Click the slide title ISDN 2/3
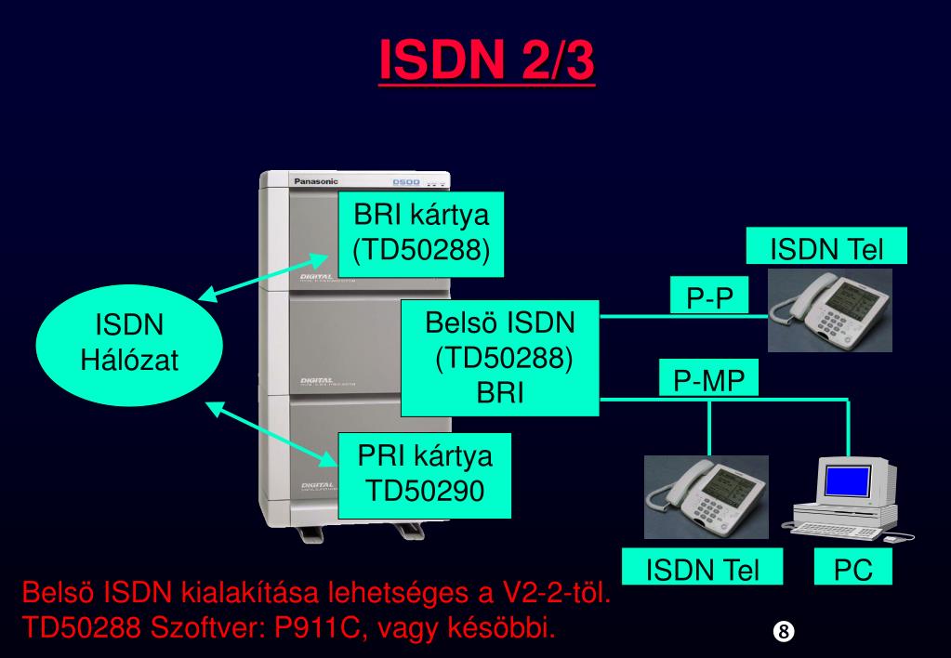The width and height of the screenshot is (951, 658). pyautogui.click(x=486, y=62)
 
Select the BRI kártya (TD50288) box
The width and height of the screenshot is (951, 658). pyautogui.click(x=421, y=233)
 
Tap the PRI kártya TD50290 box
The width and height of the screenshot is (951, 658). pyautogui.click(x=425, y=474)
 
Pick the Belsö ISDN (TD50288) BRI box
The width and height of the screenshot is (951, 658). pyautogui.click(x=500, y=358)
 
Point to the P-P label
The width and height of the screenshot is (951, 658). pyautogui.click(x=710, y=298)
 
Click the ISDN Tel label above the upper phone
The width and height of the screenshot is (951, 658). pyautogui.click(x=826, y=249)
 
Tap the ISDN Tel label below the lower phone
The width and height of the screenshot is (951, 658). pyautogui.click(x=703, y=569)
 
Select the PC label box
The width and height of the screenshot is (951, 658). pyautogui.click(x=852, y=569)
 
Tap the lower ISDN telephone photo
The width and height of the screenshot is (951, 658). pyautogui.click(x=706, y=496)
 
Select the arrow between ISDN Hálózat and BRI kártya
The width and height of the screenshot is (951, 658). pyautogui.click(x=268, y=275)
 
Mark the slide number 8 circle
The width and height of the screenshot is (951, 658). pyautogui.click(x=783, y=631)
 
